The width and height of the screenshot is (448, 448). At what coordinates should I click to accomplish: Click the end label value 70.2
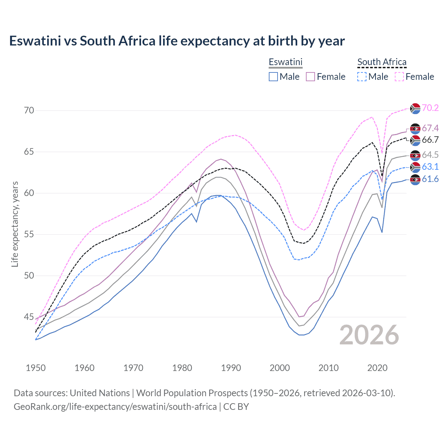(x=430, y=108)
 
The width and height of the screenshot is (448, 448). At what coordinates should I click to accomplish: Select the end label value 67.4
(x=430, y=128)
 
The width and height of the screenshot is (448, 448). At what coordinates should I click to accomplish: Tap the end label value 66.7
(x=430, y=140)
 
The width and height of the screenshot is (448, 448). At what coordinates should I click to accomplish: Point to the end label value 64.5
(x=430, y=155)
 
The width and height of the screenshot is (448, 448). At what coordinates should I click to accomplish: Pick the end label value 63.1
(x=430, y=167)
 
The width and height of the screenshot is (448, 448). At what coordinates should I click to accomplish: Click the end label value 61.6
(x=430, y=179)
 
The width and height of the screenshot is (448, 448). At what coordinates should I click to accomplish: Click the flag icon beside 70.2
(x=415, y=108)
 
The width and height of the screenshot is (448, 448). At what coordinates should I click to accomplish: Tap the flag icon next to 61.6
(x=415, y=180)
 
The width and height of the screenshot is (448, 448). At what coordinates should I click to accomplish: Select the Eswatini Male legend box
(x=273, y=77)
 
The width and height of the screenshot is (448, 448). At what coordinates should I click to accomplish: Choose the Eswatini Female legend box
(x=310, y=77)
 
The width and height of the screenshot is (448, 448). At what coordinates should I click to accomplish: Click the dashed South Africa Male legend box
(x=362, y=77)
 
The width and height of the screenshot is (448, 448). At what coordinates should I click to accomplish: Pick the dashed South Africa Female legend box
(x=399, y=77)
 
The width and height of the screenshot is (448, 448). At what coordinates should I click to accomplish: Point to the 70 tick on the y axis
(x=29, y=111)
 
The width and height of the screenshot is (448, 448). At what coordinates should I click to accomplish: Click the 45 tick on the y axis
(x=29, y=317)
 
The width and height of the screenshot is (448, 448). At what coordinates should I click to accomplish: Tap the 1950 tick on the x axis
(x=36, y=368)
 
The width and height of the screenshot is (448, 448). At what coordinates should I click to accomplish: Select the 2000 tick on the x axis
(x=280, y=368)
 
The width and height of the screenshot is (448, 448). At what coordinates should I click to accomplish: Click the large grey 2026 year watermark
(x=369, y=335)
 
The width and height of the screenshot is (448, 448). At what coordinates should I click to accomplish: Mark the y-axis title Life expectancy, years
(x=15, y=224)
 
